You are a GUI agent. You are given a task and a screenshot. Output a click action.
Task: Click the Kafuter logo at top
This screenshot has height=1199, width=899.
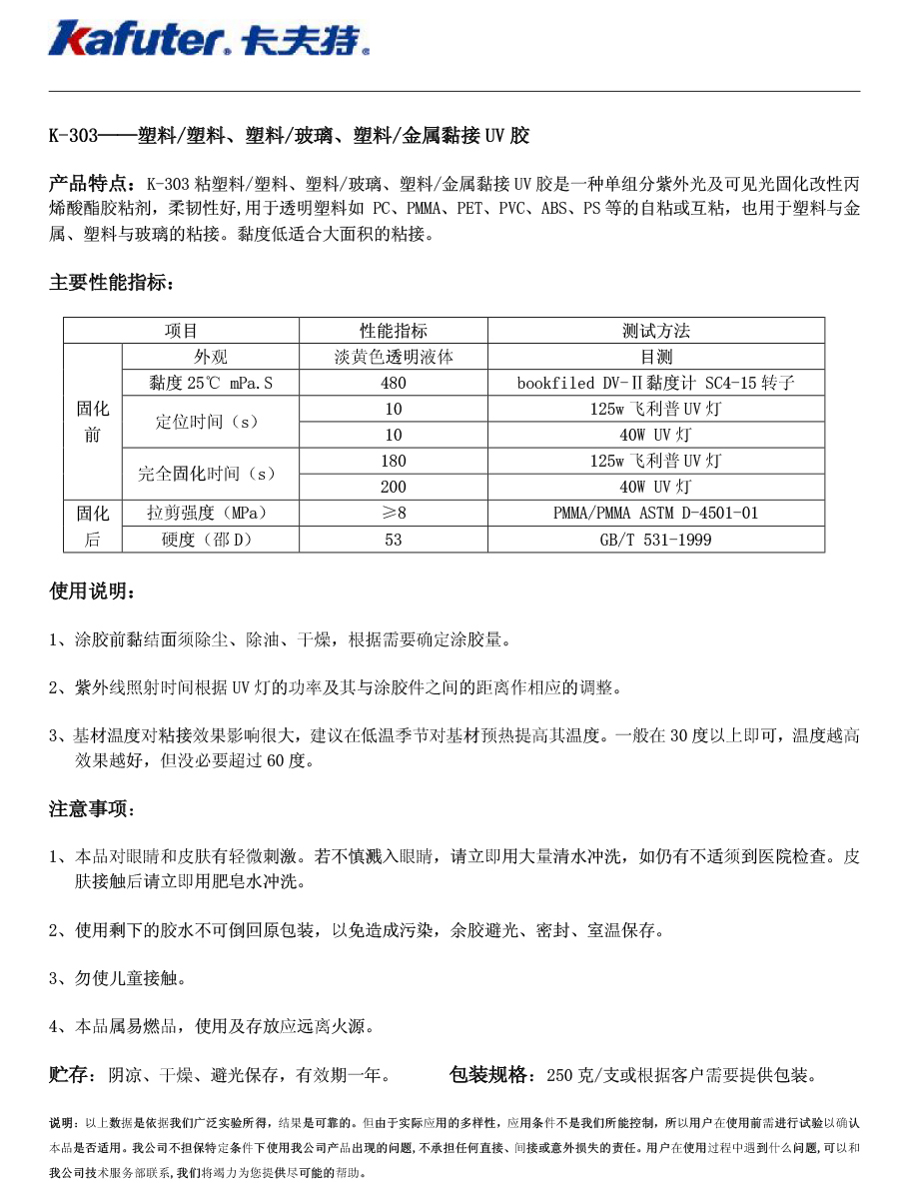(x=210, y=38)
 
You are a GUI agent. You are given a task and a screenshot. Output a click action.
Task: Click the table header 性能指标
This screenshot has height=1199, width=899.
(x=394, y=331)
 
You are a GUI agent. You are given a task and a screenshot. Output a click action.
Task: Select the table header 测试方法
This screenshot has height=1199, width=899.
(x=656, y=331)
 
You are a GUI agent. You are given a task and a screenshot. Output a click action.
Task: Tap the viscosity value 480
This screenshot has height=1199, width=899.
(x=394, y=383)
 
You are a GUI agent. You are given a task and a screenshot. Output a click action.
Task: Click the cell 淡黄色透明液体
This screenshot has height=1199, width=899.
(x=394, y=357)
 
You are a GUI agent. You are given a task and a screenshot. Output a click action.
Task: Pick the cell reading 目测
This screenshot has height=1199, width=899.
(x=656, y=357)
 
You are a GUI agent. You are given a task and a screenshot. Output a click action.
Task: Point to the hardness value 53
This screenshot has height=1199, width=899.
(x=394, y=540)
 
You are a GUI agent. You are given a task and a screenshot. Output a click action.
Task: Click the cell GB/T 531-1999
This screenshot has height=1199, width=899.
(x=656, y=540)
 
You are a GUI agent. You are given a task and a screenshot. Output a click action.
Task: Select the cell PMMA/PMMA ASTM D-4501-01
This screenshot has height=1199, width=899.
(x=656, y=514)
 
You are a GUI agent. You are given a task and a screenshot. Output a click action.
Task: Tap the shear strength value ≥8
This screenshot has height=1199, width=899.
(x=394, y=514)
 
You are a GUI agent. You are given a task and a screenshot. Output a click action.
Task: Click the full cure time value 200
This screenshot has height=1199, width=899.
(x=394, y=488)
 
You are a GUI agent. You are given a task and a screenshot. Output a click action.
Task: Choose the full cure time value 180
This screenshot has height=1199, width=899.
(x=394, y=461)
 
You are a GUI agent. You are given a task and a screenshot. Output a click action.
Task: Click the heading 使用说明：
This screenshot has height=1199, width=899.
(x=92, y=593)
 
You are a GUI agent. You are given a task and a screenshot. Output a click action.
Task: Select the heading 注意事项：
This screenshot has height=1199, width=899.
(x=92, y=809)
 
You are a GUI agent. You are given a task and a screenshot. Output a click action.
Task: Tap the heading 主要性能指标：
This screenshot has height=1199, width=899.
(x=112, y=284)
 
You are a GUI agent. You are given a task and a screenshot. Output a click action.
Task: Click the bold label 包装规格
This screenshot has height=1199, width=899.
(x=492, y=1075)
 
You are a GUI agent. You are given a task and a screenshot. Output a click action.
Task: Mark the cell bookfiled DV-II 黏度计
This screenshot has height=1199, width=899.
(x=656, y=383)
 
